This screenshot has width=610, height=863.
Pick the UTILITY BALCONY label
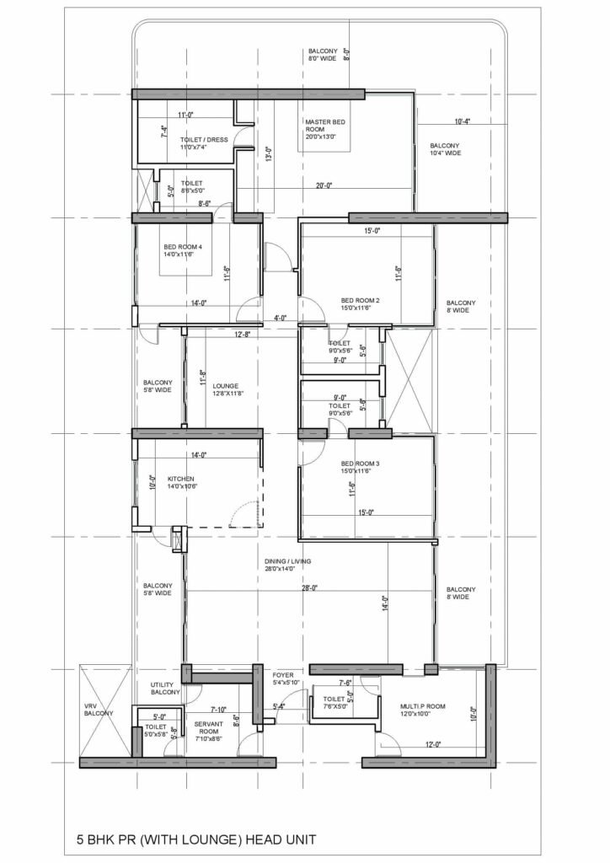(165, 689)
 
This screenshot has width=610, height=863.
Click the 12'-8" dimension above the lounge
(243, 335)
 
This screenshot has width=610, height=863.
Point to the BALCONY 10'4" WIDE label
(445, 149)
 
